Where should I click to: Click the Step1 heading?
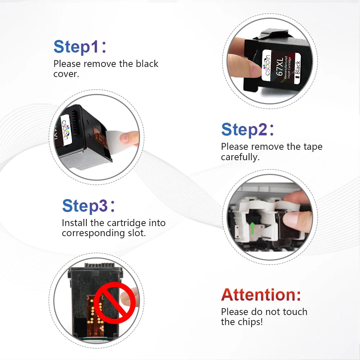80,47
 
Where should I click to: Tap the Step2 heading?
248,130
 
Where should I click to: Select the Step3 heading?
89,206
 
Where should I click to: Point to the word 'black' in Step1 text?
147,64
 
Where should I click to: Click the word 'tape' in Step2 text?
313,147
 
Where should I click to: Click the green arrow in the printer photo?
252,228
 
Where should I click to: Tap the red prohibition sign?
114,303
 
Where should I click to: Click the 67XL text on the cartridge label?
280,67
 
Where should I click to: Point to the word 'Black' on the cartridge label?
297,68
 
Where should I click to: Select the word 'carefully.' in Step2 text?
240,157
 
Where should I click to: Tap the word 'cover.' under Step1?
66,74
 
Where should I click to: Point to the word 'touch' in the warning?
295,312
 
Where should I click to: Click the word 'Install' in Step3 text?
75,223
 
